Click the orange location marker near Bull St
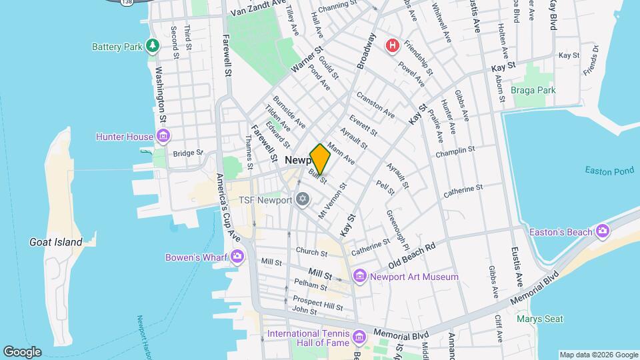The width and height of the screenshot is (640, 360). (320, 159)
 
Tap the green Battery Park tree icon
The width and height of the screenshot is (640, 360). (154, 46)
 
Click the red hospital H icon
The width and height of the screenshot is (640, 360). (393, 45)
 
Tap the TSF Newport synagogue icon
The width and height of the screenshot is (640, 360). (303, 200)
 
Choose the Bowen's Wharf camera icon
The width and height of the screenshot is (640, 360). (237, 257)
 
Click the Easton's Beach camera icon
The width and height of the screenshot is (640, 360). (603, 231)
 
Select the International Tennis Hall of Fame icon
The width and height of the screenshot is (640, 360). (360, 336)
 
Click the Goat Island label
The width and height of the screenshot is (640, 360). (56, 243)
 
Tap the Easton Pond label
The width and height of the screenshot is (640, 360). (609, 171)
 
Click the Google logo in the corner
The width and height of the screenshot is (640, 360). (22, 351)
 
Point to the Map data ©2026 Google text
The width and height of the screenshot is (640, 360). (598, 355)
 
